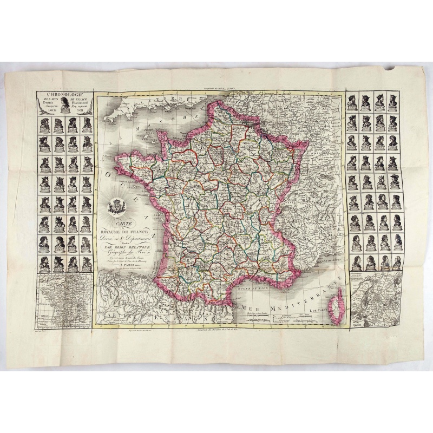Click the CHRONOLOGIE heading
point(64,94)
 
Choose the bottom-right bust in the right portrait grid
point(396,263)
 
